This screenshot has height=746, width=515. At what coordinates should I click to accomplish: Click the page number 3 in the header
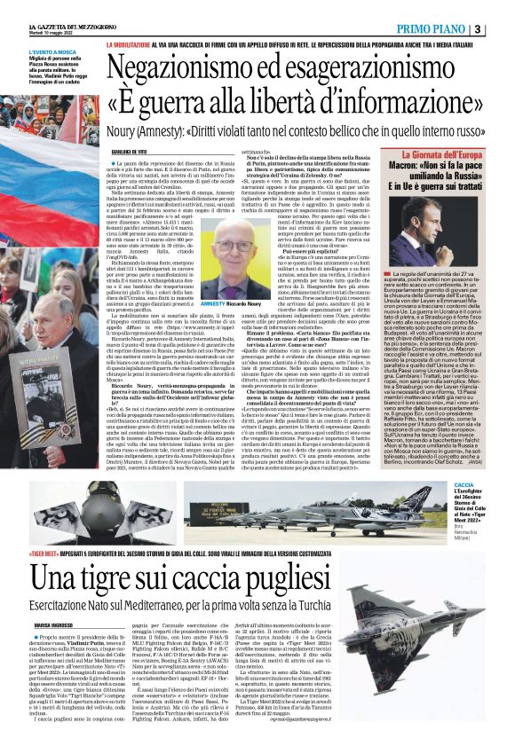[502, 29]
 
